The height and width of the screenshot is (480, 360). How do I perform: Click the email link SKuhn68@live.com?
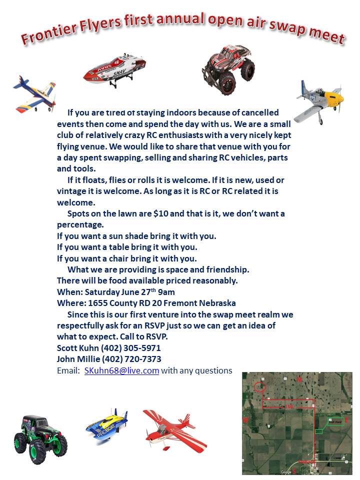[121, 370]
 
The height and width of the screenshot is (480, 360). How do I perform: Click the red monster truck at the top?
[228, 68]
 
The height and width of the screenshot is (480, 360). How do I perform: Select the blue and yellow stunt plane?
[34, 94]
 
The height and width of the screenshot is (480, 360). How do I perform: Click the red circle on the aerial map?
[259, 386]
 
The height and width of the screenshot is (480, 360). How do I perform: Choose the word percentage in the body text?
[80, 224]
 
